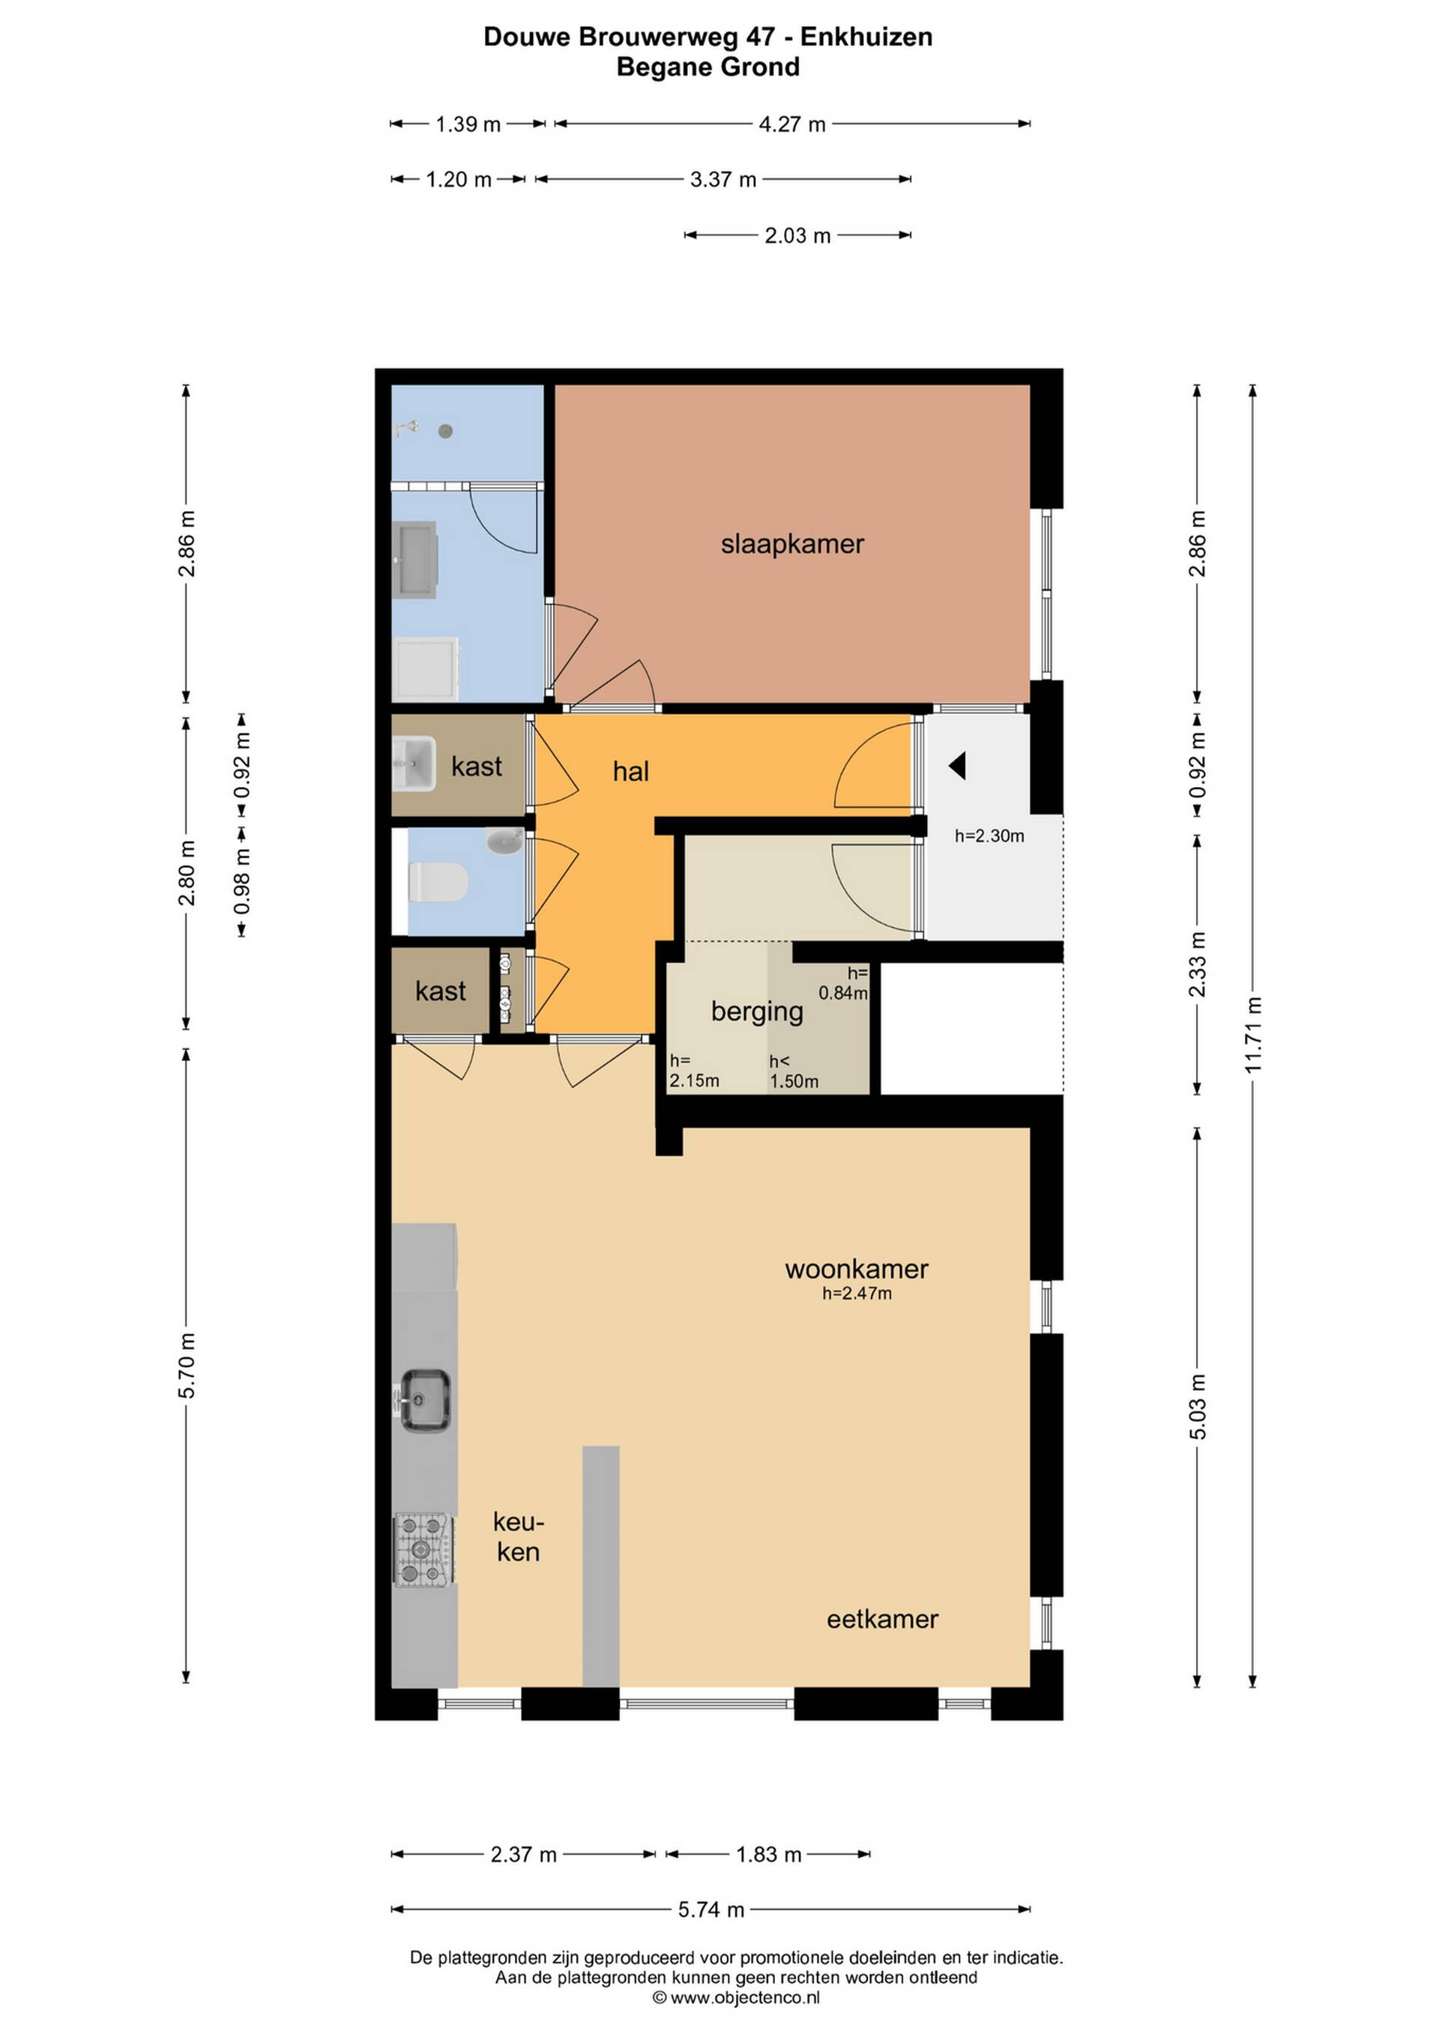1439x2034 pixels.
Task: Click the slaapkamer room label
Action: pyautogui.click(x=792, y=544)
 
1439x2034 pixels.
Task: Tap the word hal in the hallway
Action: pyautogui.click(x=631, y=772)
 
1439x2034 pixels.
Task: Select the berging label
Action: pyautogui.click(x=757, y=1012)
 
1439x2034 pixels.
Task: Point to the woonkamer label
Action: pyautogui.click(x=857, y=1270)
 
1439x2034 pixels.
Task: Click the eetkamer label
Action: pyautogui.click(x=883, y=1620)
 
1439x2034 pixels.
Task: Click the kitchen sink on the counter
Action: pyautogui.click(x=424, y=1400)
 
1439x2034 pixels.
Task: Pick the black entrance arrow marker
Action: pyautogui.click(x=957, y=765)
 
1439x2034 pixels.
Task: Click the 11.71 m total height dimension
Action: pyautogui.click(x=1253, y=1035)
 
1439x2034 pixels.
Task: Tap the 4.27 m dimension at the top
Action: pyautogui.click(x=792, y=124)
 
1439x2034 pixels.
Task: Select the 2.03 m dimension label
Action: pyautogui.click(x=797, y=235)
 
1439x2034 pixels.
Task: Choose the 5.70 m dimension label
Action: pyautogui.click(x=186, y=1365)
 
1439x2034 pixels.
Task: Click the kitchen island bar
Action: pyautogui.click(x=601, y=1566)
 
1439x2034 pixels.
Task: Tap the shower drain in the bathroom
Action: pyautogui.click(x=446, y=432)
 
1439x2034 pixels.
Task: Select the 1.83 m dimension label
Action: pyautogui.click(x=768, y=1854)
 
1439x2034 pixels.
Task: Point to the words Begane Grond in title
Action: pyautogui.click(x=708, y=67)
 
